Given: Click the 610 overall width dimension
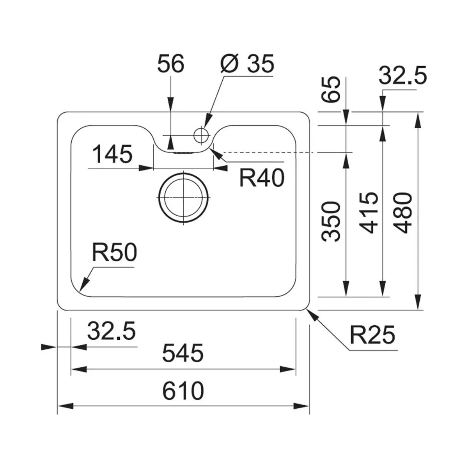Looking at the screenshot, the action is coord(183,391).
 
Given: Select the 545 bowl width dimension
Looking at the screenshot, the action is coord(183,353).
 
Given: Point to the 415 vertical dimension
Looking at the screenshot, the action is coord(369,213).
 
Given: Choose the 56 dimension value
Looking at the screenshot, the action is coord(171,64).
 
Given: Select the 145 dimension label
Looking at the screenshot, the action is coord(112,154).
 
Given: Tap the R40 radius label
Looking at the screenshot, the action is coord(262,178).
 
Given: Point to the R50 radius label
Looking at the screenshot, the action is coord(114,252).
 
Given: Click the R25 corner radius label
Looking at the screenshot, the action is coord(372,335).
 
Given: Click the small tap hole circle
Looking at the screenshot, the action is coord(201,135).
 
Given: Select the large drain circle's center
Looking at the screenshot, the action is coord(183,197).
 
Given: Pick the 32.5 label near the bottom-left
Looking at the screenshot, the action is coord(111,331).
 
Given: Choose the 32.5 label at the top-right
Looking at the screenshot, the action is coord(402,75).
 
